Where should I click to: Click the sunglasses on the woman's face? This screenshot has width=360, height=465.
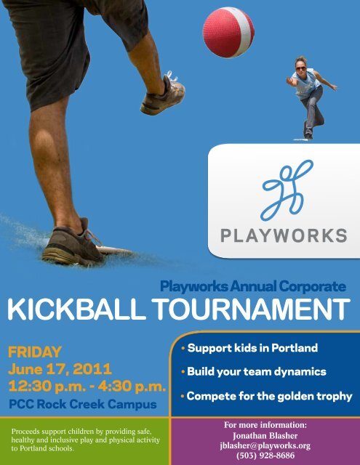pyautogui.click(x=301, y=68)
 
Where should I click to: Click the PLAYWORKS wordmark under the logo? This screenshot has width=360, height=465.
pyautogui.click(x=283, y=235)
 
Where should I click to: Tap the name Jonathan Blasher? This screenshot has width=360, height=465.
pyautogui.click(x=265, y=434)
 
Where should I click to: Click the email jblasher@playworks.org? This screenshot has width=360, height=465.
pyautogui.click(x=265, y=445)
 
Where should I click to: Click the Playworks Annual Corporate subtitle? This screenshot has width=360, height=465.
pyautogui.click(x=252, y=287)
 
